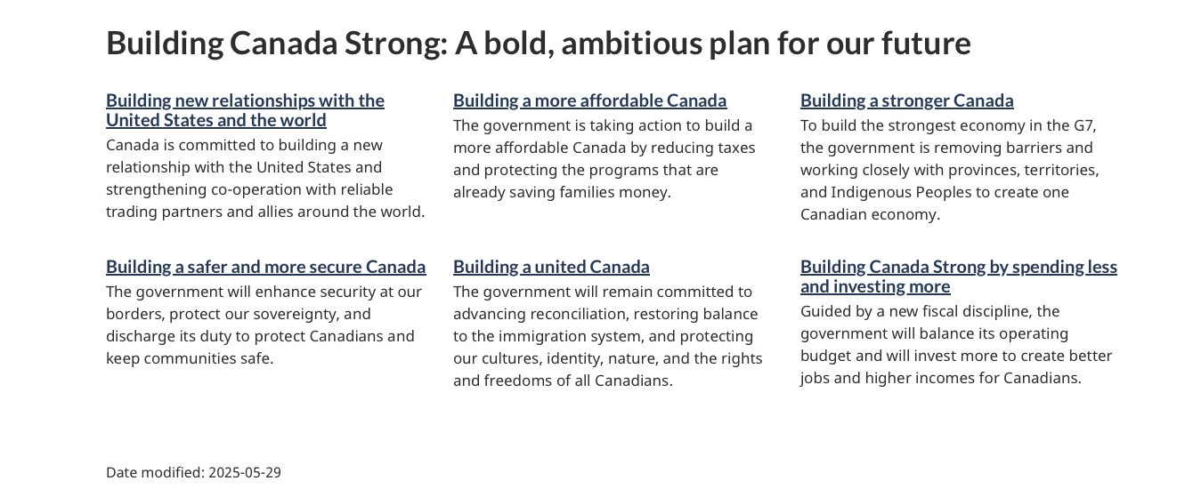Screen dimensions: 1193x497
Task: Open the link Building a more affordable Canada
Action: (589, 100)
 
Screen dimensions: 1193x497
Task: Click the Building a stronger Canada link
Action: (906, 100)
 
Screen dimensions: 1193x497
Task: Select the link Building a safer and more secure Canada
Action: (266, 267)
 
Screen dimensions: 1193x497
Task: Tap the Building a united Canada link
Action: (551, 267)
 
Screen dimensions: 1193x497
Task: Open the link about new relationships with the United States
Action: (245, 110)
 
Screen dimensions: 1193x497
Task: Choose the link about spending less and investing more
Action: (959, 277)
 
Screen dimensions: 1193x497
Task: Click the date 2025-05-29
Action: (245, 472)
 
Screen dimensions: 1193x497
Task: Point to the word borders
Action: (135, 314)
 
